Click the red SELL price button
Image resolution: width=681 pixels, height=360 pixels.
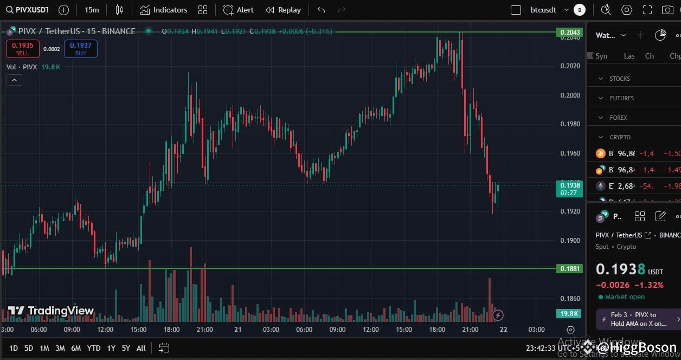22,49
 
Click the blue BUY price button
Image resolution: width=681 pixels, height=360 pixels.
80,49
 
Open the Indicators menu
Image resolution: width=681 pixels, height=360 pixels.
164,10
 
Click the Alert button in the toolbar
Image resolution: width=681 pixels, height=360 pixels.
239,10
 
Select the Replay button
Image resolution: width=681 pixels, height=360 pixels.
284,10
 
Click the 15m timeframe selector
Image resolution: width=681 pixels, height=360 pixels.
92,10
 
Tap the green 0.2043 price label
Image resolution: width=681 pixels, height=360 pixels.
570,33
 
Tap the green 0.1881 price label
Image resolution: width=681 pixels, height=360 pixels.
570,268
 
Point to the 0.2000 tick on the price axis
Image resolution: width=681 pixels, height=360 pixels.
570,95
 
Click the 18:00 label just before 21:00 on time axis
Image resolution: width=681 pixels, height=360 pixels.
437,330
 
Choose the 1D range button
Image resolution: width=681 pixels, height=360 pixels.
14,348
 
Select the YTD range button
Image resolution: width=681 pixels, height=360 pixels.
93,348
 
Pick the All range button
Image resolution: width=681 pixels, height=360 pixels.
141,348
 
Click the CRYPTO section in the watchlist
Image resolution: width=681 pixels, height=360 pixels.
620,137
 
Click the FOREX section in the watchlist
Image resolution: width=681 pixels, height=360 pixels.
618,118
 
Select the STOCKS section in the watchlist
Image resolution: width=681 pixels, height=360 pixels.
620,79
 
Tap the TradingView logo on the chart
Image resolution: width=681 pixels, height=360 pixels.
51,311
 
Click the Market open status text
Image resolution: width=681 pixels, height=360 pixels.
625,297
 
